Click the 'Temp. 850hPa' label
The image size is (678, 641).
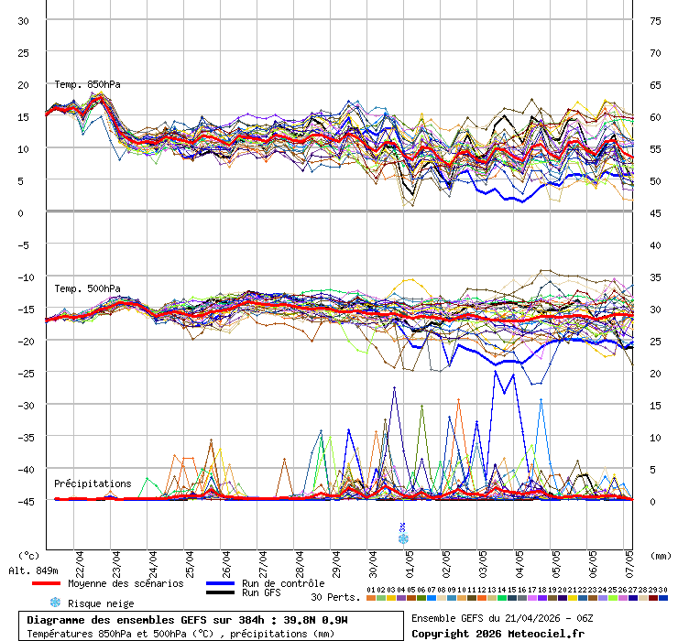click(87, 85)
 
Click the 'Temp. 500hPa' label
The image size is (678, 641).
click(87, 289)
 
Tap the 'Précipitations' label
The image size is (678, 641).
click(93, 483)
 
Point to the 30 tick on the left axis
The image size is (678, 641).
click(24, 21)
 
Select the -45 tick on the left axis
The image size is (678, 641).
click(24, 501)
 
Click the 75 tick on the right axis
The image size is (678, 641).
click(656, 21)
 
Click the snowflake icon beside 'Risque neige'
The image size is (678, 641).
click(55, 603)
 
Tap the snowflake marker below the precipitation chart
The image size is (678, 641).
click(403, 538)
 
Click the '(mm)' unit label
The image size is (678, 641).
click(660, 555)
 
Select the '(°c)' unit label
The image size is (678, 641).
click(28, 555)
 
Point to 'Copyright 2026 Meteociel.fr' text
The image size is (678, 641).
click(498, 633)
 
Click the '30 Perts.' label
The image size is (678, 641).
click(334, 597)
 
